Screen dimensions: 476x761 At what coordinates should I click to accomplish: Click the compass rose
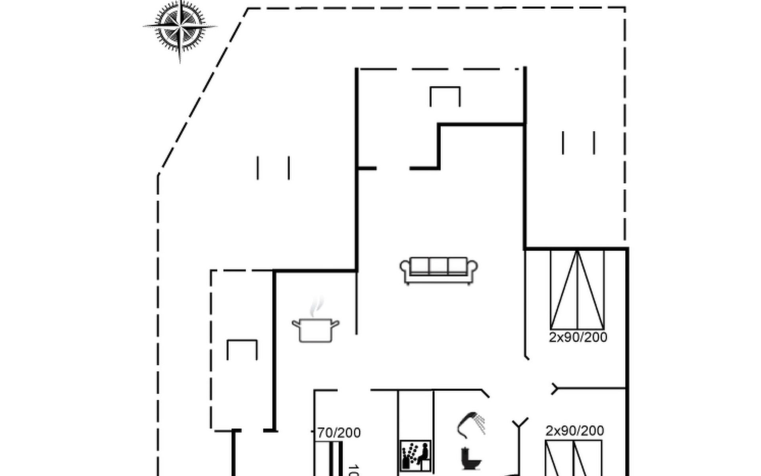[180, 27]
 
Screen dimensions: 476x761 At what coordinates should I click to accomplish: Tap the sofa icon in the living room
[438, 271]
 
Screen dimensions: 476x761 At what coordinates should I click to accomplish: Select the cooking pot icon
[315, 330]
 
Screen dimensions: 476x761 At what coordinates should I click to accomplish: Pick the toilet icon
[471, 459]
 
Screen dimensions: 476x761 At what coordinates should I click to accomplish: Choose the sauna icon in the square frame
[415, 455]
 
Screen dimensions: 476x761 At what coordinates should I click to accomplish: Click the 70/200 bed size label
[339, 433]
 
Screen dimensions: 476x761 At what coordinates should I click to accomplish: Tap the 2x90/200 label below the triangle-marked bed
[578, 338]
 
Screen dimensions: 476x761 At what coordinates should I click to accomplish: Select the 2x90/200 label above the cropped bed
[574, 431]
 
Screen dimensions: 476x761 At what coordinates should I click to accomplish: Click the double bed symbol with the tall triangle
[577, 290]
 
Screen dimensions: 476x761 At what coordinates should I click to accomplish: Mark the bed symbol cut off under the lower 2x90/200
[573, 458]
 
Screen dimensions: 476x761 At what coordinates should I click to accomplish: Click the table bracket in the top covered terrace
[445, 96]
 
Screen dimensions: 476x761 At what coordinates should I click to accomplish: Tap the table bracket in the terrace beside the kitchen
[242, 349]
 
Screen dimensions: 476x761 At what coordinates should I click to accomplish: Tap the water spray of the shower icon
[480, 424]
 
